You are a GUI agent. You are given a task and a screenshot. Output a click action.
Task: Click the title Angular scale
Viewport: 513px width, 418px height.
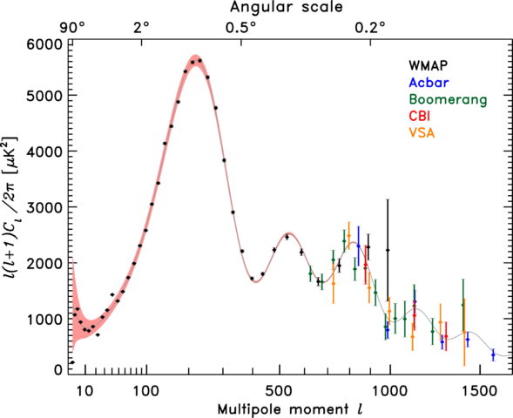pos(286,8)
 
